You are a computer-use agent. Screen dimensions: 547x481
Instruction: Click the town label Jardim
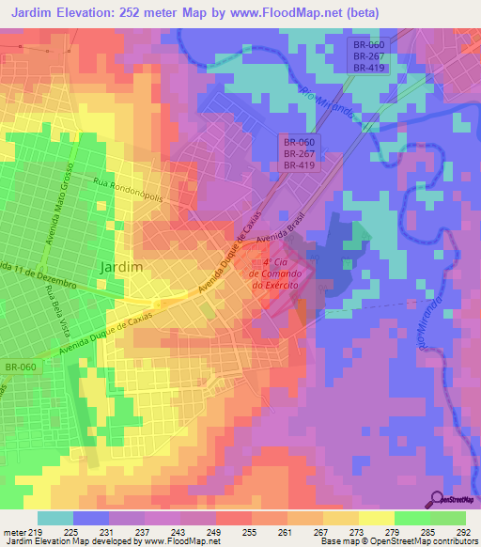(x=120, y=266)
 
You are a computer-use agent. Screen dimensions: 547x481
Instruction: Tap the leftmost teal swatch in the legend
(x=54, y=518)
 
